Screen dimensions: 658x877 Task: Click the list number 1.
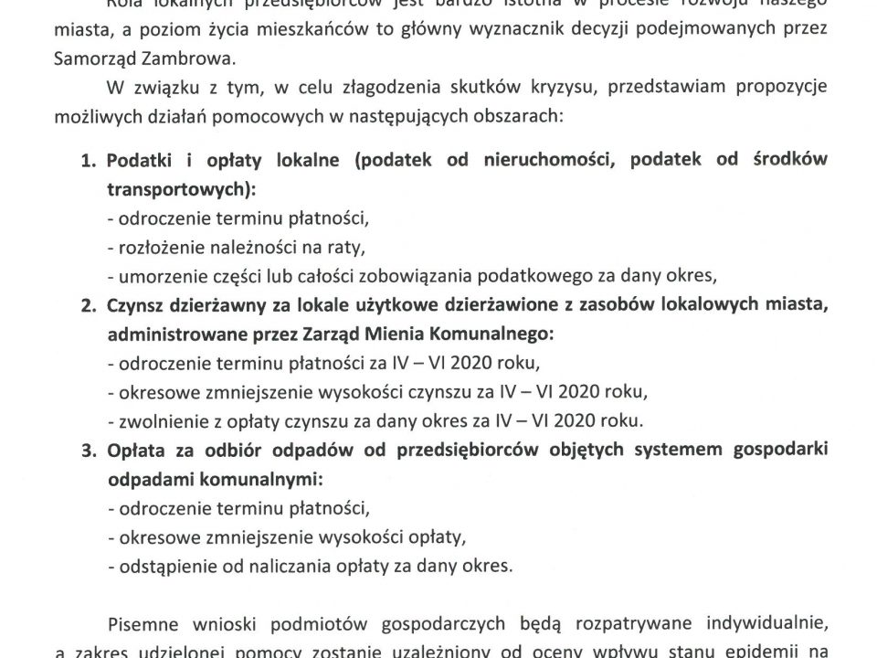click(x=89, y=161)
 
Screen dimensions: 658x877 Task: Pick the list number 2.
click(x=89, y=307)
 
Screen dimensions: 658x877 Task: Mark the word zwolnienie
click(x=154, y=421)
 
